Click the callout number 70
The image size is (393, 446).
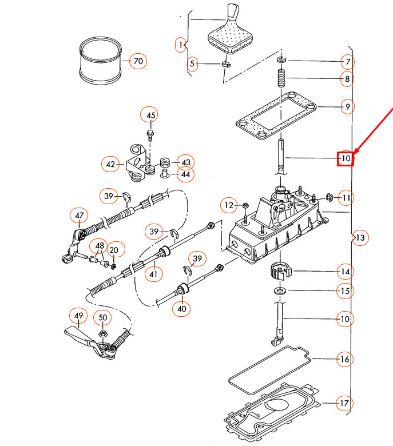138,60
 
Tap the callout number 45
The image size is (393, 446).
150,116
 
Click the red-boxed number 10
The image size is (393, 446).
345,158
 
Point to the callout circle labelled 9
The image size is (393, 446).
347,106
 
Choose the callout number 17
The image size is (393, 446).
344,404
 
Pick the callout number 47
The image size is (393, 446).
79,216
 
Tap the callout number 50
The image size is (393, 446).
103,318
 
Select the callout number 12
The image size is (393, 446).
229,205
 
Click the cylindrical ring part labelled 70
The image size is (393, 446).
101,61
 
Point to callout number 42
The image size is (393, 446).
111,165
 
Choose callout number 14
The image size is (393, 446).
345,271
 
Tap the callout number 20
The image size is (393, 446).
114,249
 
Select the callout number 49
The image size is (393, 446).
78,315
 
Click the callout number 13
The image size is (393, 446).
359,237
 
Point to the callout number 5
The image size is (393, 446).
192,65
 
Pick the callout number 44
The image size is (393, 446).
185,174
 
